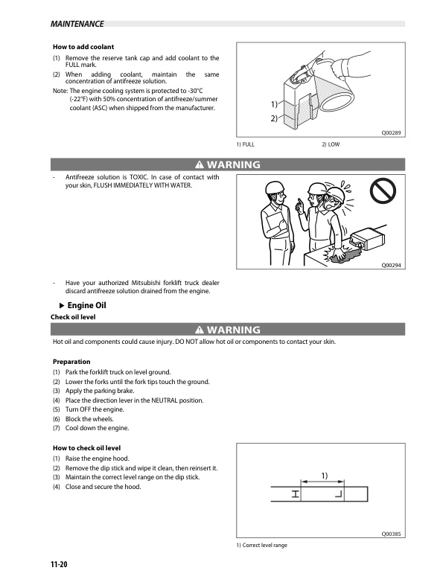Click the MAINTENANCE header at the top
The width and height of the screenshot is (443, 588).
77,24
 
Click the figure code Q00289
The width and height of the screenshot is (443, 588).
392,132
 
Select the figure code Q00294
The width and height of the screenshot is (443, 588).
392,264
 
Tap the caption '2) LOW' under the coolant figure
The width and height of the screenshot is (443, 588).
331,144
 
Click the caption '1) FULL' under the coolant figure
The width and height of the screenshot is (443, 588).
245,144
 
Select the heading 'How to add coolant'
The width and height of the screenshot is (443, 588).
83,47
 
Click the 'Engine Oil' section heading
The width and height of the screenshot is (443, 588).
87,305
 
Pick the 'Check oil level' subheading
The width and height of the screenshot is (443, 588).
72,318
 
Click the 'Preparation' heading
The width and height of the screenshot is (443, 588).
71,362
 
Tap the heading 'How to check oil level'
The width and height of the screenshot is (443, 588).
86,448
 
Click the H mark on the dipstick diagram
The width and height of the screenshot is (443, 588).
296,494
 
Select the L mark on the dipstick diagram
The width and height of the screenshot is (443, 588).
338,494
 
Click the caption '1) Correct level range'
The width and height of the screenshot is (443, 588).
261,546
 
